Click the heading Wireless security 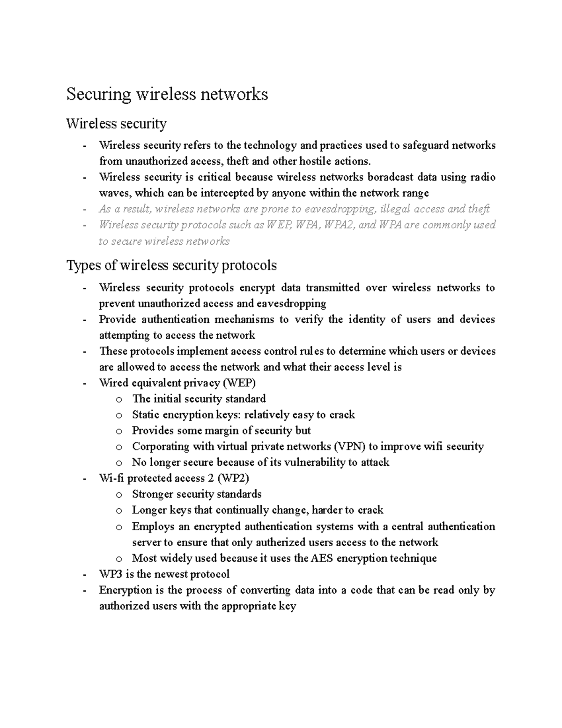[116, 124]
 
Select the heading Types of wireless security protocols [171, 265]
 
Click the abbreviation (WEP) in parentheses [239, 383]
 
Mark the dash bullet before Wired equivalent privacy [84, 383]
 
